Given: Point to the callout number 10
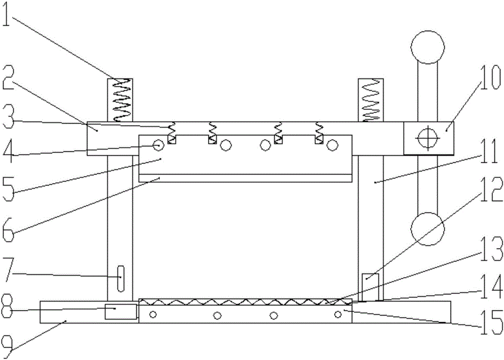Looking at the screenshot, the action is click(490, 78).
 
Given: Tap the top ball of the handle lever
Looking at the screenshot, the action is click(428, 47).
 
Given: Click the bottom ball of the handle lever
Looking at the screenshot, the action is click(428, 229).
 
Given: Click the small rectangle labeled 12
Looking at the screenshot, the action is click(370, 288).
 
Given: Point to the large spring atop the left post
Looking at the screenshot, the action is click(119, 100).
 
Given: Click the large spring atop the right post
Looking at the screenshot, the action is click(370, 100).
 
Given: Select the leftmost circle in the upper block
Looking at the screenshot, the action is click(158, 146).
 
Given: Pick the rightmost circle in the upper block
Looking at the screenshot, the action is click(332, 146).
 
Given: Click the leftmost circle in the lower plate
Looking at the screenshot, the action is click(153, 314).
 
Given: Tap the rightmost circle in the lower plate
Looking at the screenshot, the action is click(338, 314).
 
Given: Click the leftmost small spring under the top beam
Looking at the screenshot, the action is click(172, 132).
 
